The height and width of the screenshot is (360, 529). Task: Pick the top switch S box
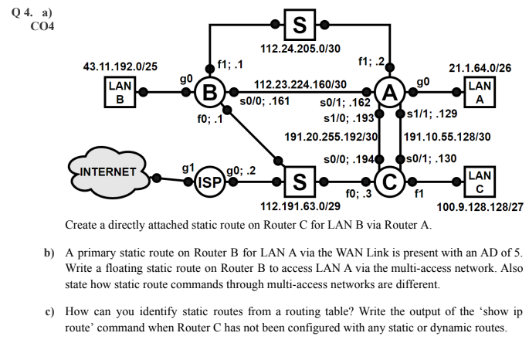[x=299, y=23]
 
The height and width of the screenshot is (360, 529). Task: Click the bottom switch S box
[x=299, y=184]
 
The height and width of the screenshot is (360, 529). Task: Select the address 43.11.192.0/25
[x=120, y=67]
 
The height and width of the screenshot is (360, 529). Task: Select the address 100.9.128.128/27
[x=480, y=207]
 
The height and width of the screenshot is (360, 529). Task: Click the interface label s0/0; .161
[x=265, y=100]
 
